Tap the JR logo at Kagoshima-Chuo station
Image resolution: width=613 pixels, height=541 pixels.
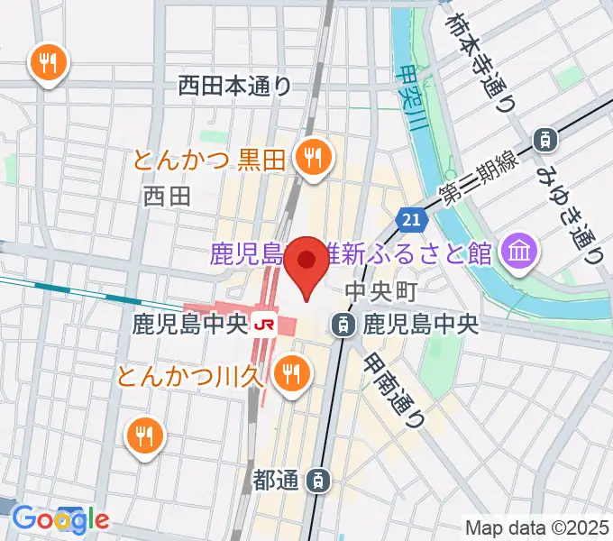264,323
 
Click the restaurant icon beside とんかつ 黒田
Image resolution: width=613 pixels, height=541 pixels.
313,160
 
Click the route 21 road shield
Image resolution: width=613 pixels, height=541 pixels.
410,219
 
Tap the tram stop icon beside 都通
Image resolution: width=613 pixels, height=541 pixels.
318,481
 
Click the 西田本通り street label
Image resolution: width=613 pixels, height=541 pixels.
234,86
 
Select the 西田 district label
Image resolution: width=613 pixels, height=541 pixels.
167,196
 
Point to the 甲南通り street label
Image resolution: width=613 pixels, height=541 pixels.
395,389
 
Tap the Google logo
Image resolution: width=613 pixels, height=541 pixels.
59,518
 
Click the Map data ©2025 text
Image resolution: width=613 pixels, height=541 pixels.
536,527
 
